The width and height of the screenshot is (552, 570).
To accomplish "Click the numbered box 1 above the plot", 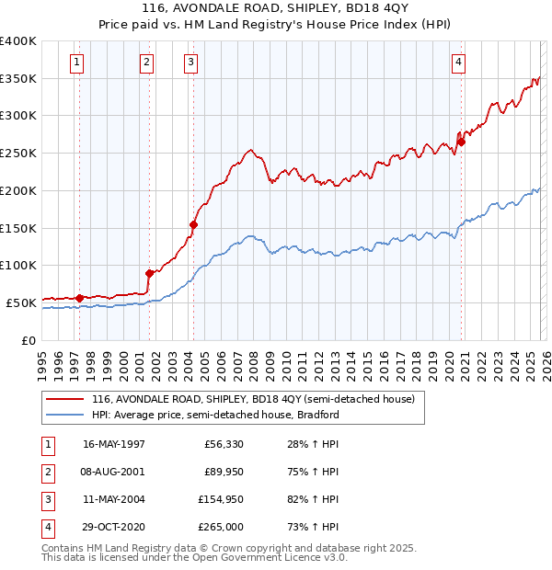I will coord(75,63).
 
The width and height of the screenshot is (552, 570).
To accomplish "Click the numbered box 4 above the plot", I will coord(458,63).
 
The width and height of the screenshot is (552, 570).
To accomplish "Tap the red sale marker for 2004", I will coord(194,223).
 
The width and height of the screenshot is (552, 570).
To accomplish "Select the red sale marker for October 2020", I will coord(462,142).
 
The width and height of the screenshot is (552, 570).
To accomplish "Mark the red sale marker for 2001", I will coord(149,272).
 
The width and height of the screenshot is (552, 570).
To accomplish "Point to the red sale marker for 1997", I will coord(80,297).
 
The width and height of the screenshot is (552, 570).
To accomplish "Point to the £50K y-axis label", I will coord(21,302).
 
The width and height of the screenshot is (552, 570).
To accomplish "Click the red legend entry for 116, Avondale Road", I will coord(253,400).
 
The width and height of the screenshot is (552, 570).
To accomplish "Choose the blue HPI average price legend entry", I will coord(215,415).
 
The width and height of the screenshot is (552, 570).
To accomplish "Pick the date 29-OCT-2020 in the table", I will coord(114,527).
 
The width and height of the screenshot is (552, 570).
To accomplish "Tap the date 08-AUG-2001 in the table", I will coord(114,472).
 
